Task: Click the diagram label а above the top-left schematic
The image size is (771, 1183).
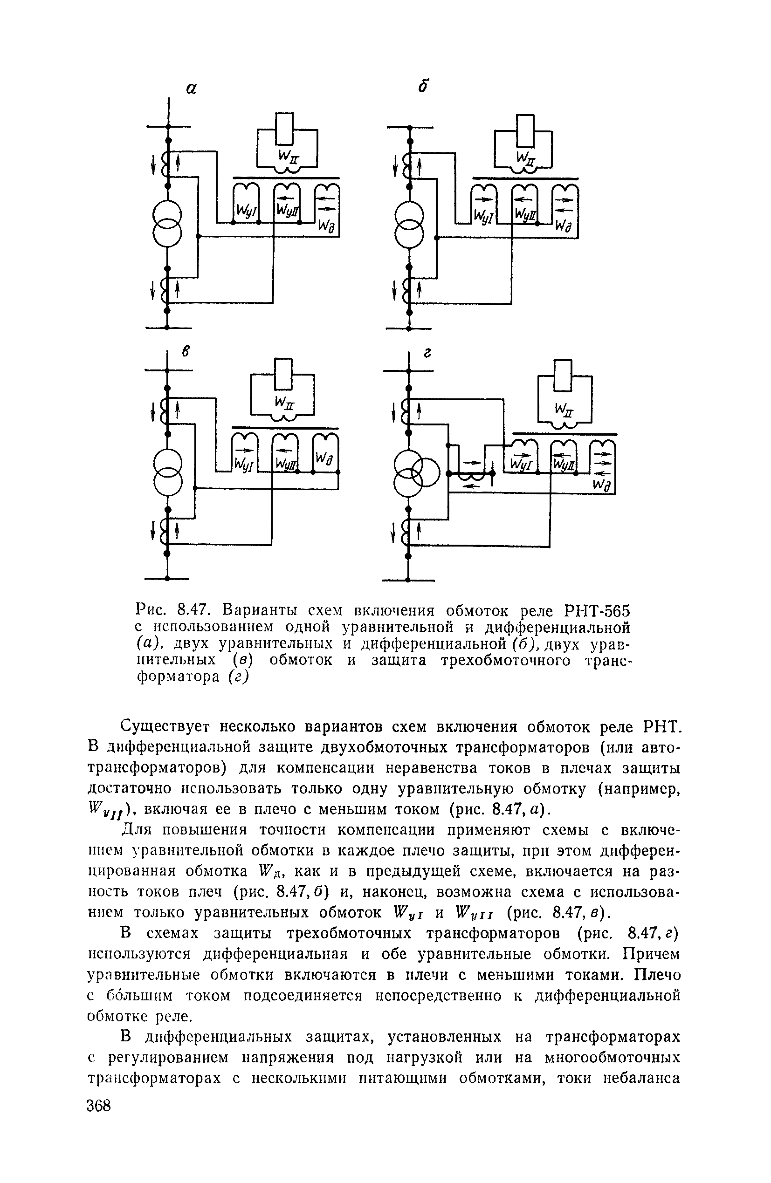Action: point(192,89)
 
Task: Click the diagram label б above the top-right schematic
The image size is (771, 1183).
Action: point(423,87)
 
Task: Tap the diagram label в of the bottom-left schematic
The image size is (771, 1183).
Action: point(186,351)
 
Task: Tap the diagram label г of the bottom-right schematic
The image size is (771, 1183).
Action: point(427,352)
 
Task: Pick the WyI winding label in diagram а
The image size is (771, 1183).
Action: point(246,211)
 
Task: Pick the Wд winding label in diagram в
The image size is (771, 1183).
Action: point(324,459)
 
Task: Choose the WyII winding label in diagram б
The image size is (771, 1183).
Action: point(525,214)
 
